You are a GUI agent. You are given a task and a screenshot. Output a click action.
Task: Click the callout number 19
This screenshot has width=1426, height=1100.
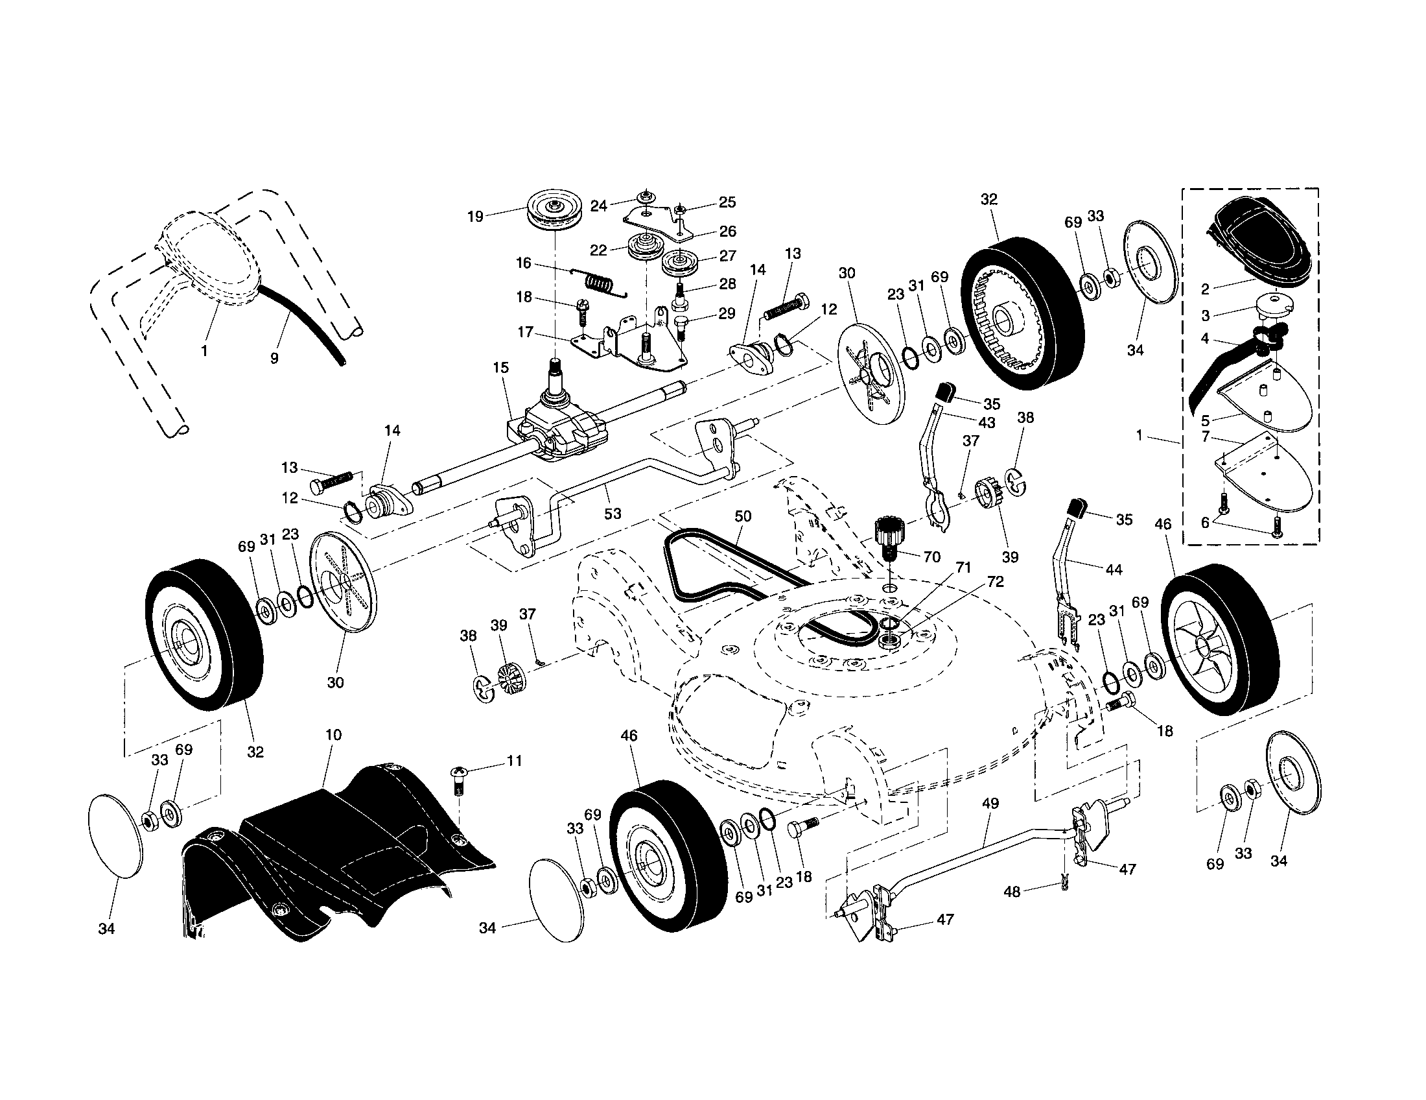click(x=475, y=217)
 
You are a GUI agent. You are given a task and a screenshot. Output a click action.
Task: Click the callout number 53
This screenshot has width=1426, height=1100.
click(x=613, y=514)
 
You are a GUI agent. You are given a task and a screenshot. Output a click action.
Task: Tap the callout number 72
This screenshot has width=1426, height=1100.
click(x=995, y=581)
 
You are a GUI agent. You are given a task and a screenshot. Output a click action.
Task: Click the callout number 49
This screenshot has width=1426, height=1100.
click(x=990, y=804)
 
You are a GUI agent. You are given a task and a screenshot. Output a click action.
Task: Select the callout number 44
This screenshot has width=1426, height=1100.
click(x=1113, y=570)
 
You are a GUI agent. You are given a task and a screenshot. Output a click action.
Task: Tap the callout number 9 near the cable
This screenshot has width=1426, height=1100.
click(x=274, y=358)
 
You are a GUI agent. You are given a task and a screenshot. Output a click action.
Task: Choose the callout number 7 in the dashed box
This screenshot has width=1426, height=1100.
click(x=1206, y=436)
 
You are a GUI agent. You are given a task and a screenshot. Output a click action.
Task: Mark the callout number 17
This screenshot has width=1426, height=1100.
click(x=526, y=332)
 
